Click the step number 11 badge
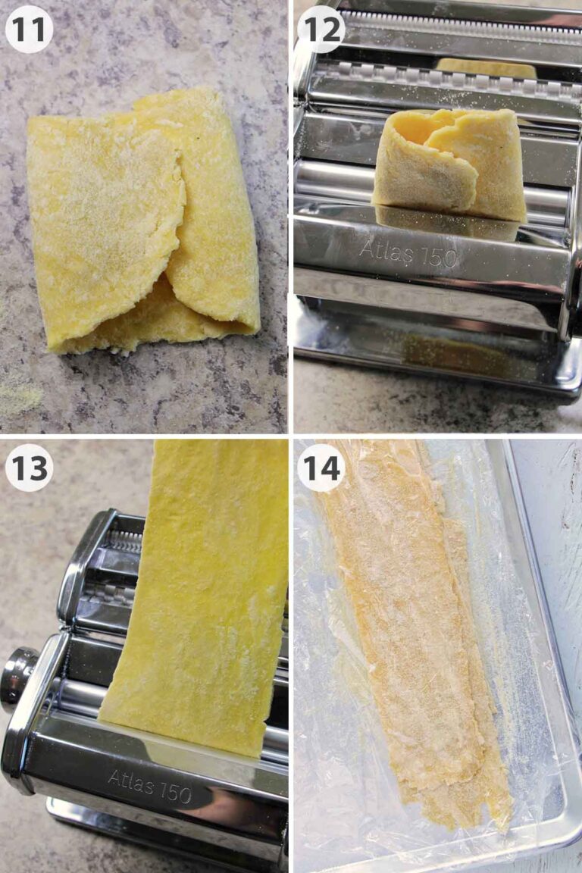(29, 29)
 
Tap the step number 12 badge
(321, 29)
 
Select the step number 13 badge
(29, 468)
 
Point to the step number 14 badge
(321, 468)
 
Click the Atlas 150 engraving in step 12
(408, 252)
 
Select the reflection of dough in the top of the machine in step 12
(485, 68)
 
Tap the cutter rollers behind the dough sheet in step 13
(114, 568)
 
